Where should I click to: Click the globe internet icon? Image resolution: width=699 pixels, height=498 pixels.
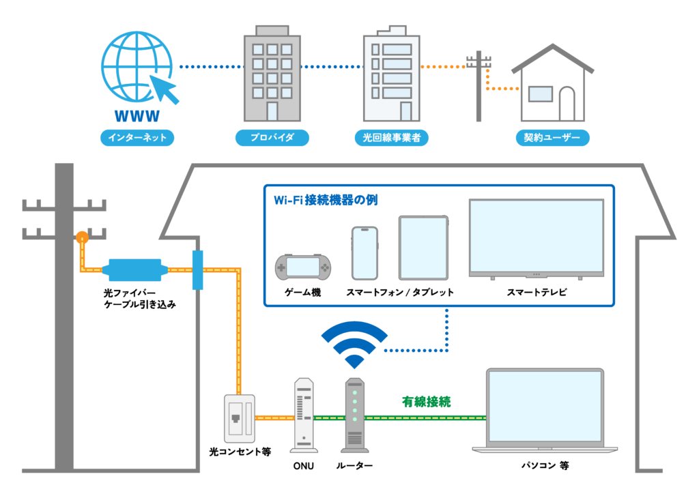134,67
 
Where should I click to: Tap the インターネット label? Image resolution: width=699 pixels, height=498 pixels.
137,138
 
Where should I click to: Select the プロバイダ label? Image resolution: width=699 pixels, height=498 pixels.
272,138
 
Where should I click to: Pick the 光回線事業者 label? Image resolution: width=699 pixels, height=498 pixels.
391,138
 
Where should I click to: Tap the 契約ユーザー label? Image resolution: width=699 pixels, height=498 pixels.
552,138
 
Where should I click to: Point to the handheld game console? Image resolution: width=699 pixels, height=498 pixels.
302,267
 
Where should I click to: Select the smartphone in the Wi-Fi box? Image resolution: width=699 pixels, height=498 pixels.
365,253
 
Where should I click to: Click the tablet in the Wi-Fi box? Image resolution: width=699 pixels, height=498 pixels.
423,248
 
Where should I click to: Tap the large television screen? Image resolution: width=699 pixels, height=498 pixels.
536,237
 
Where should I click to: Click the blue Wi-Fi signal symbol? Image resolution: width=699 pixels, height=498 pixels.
354,345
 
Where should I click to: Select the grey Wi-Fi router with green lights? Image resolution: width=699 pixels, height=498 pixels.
354,415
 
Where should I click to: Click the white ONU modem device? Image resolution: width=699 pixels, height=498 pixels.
304,415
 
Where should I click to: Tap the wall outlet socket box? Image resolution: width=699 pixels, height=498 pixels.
240,418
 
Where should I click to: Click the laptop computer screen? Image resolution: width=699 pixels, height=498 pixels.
545,407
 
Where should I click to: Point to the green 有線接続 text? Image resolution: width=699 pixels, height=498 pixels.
426,402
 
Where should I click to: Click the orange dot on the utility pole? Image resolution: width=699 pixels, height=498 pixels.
82,237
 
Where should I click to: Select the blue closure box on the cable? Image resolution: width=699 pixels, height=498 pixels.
135,269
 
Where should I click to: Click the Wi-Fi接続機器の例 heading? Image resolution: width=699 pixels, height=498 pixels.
326,201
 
